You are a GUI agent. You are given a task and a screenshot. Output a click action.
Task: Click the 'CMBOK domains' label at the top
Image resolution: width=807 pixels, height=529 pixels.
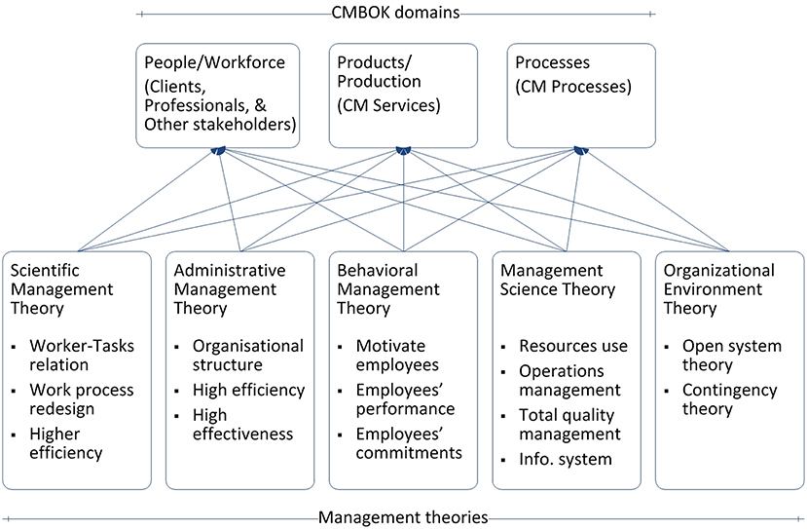click(x=397, y=13)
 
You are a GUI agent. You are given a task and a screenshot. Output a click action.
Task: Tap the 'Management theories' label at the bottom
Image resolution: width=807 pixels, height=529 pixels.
click(x=403, y=517)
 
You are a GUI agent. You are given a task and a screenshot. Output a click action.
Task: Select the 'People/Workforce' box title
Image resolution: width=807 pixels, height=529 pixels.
click(x=213, y=62)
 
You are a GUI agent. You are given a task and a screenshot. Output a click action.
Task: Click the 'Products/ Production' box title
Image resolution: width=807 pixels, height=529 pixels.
click(x=379, y=71)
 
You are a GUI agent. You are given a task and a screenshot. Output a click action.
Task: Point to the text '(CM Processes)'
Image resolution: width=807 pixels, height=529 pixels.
click(x=572, y=86)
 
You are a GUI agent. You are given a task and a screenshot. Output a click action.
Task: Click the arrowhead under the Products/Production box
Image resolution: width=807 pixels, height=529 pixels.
click(x=402, y=150)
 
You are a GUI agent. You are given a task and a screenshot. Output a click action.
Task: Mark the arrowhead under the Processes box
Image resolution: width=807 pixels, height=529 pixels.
click(x=580, y=150)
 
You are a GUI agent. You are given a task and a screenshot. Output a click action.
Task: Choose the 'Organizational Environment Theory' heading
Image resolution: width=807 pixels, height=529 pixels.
click(x=718, y=289)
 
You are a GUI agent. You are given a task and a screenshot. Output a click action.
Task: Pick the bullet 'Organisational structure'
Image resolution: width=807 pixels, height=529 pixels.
click(x=247, y=356)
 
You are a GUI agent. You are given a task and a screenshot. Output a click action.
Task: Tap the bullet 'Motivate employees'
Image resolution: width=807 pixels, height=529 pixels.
click(x=397, y=356)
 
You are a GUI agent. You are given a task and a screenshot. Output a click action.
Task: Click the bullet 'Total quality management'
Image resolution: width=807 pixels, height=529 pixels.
click(x=569, y=424)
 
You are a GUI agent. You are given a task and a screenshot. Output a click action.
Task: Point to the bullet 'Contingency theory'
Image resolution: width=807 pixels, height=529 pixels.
click(x=729, y=399)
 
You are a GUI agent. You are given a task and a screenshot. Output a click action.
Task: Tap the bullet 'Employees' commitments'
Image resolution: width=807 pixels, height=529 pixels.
click(x=408, y=442)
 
